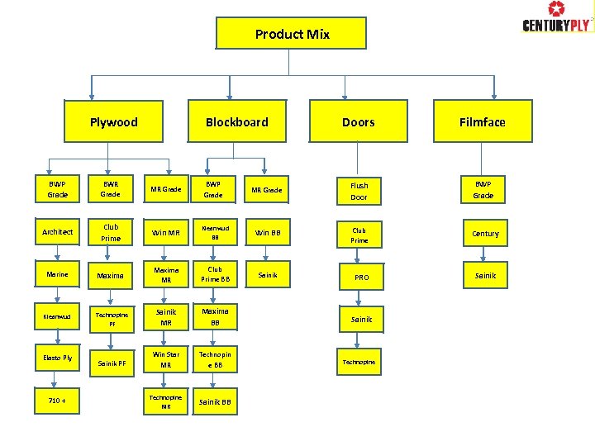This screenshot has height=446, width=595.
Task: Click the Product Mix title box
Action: click(291, 34)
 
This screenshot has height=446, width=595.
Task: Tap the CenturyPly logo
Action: click(556, 17)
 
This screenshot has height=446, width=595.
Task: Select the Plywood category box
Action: click(113, 121)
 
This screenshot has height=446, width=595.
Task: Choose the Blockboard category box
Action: click(236, 121)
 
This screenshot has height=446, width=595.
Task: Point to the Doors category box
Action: click(358, 121)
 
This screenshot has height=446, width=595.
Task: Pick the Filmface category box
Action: click(482, 121)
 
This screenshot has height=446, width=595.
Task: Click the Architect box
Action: click(58, 232)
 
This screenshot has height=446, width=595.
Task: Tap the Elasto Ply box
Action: click(58, 358)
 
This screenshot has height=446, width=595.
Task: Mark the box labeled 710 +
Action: click(58, 402)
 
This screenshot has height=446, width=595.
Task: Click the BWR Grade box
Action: click(111, 190)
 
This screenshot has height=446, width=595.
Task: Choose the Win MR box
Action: click(166, 232)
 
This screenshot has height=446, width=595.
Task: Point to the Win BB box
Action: click(268, 232)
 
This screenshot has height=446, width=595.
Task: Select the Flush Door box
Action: click(359, 192)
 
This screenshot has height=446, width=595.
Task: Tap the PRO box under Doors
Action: click(361, 278)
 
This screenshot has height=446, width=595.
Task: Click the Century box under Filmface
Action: click(485, 234)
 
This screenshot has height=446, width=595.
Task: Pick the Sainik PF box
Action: click(111, 363)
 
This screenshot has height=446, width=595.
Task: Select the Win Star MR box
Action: click(166, 359)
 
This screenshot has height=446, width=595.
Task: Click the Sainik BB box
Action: click(215, 402)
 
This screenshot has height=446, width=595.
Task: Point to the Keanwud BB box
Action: click(215, 232)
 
